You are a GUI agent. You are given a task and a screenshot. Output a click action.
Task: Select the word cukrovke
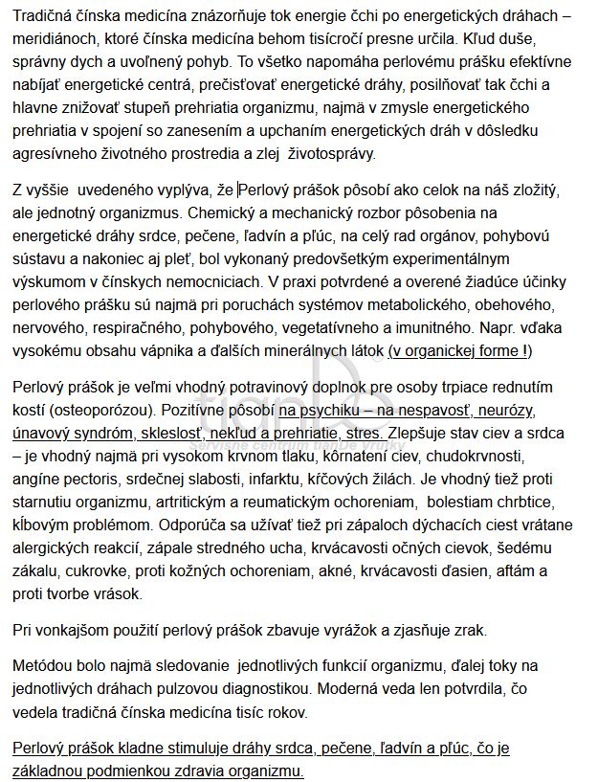[88, 570]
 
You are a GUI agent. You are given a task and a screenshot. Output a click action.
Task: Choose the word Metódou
[43, 664]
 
